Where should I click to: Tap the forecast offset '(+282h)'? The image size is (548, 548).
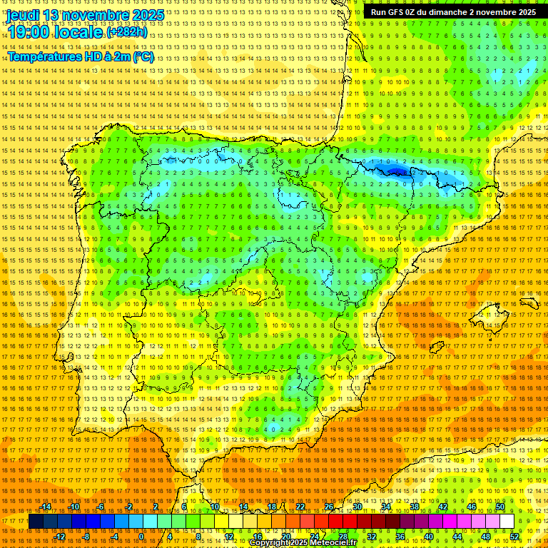pos(127,33)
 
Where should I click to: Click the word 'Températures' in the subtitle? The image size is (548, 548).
pos(46,56)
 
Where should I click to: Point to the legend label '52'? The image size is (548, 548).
pos(514,537)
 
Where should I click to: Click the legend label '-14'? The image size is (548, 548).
pos(46,507)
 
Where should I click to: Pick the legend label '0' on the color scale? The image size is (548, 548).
pos(141,537)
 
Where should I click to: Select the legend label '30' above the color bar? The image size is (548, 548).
pos(357,507)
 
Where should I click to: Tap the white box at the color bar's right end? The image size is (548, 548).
pos(507,522)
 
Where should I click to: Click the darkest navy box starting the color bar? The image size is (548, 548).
pos(36,522)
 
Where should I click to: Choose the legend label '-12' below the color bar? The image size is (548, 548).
pos(60,537)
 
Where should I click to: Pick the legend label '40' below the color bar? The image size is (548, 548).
pos(428,537)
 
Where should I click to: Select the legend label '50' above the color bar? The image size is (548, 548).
pos(500,507)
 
